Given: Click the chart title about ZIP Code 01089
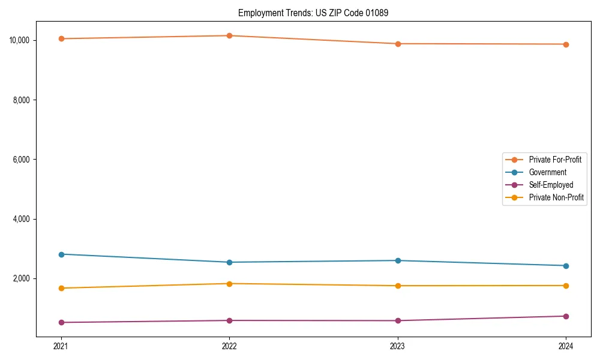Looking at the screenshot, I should click(x=313, y=13).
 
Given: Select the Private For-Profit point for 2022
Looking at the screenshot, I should click(x=229, y=35).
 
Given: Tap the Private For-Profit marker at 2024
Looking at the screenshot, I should click(x=566, y=44).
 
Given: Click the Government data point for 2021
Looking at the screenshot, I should click(x=61, y=254).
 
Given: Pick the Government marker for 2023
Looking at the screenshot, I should click(x=398, y=260).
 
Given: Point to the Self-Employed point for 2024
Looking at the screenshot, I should click(x=566, y=316).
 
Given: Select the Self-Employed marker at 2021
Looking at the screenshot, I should click(x=61, y=322).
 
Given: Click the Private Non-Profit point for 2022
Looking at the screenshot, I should click(x=229, y=284).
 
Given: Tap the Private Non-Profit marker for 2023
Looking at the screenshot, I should click(x=398, y=286).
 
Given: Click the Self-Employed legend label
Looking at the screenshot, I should click(x=551, y=185).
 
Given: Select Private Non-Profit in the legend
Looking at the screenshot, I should click(x=556, y=197).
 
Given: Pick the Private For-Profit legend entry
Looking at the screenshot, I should click(x=555, y=160).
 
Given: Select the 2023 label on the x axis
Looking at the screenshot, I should click(x=398, y=346).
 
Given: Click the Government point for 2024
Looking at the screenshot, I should click(x=566, y=266).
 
